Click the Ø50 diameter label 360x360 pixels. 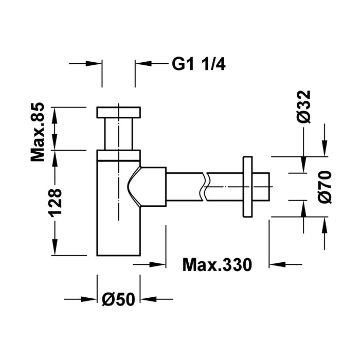pyautogui.click(x=118, y=299)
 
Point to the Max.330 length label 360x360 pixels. pyautogui.click(x=217, y=265)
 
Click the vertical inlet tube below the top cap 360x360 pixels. pyautogui.click(x=118, y=134)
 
